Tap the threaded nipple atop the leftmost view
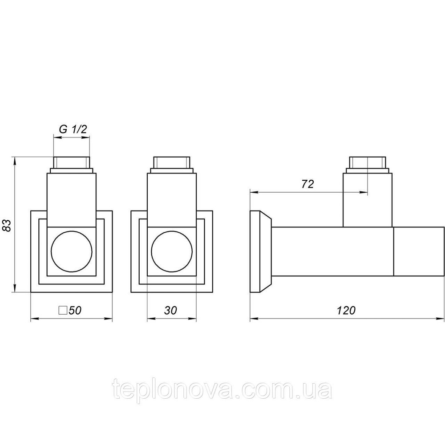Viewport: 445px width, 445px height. (72, 163)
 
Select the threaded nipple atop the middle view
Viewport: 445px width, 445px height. (171, 163)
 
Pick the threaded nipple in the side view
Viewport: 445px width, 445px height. (368, 163)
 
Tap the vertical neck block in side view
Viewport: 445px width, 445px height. (368, 199)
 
